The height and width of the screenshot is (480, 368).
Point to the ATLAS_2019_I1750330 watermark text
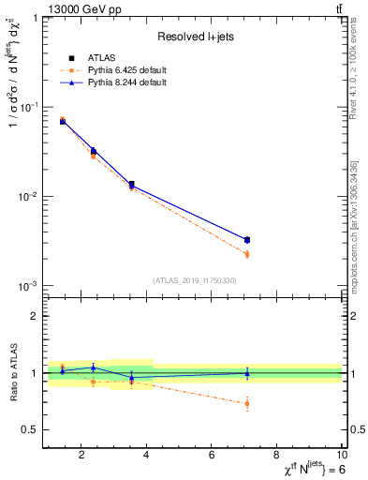(195, 279)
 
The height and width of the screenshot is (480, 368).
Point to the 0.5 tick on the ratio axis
(31, 429)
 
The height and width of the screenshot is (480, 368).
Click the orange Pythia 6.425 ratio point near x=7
(246, 404)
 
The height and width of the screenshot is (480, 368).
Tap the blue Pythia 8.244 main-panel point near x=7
(246, 240)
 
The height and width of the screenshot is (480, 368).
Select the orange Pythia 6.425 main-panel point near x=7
(246, 254)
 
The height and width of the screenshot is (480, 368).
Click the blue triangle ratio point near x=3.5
(131, 378)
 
